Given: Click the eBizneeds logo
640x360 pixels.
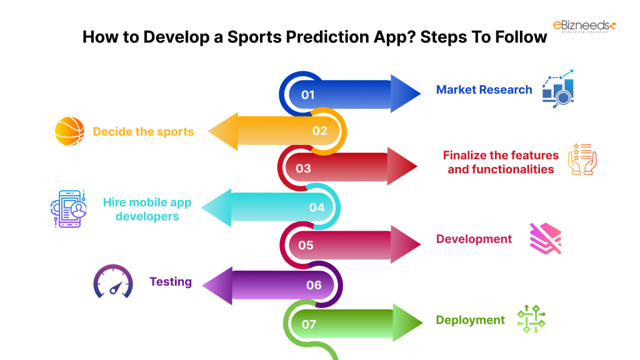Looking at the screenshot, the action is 584,26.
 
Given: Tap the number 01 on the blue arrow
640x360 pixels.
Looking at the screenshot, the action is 307,95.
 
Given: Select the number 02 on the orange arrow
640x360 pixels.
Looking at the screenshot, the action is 319,131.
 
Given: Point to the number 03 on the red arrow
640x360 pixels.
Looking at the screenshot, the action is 303,169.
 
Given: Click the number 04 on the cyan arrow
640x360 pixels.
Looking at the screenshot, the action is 317,207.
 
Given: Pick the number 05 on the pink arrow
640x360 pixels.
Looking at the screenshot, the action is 306,245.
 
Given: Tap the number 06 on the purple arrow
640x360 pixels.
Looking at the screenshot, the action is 314,285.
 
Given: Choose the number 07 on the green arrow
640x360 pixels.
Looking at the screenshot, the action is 309,324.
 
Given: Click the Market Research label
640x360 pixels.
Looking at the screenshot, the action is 484,90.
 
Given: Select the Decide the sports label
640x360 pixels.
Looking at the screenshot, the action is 143,132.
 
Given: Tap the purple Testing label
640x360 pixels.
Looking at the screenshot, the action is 171,282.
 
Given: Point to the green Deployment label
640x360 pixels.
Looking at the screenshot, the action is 470,320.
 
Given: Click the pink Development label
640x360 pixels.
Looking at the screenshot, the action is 474,239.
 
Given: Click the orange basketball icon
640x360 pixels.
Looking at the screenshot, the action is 70,131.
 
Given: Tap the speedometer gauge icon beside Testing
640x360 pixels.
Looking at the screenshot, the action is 113,282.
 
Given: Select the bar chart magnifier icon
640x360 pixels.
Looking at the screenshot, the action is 558,89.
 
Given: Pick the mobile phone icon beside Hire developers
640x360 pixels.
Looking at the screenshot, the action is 69,209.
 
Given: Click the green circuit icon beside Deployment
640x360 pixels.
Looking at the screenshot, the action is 531,319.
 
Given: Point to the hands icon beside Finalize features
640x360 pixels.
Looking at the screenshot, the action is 582,159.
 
